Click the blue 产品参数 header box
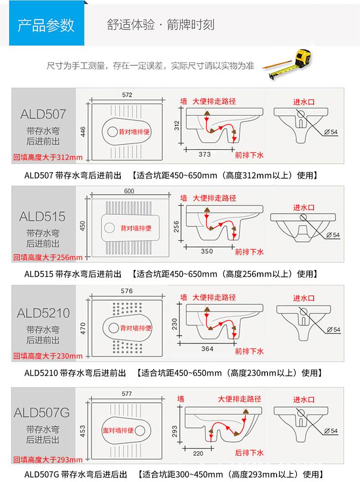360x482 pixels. click(46, 23)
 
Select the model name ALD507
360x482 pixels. click(43, 114)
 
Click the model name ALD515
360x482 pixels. click(42, 217)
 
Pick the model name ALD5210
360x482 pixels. click(43, 313)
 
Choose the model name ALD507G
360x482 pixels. click(42, 413)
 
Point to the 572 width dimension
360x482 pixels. click(127, 95)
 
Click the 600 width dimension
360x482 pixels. click(129, 191)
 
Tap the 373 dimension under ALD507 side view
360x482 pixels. click(205, 154)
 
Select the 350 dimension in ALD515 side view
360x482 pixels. click(207, 251)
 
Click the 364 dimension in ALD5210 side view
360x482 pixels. click(207, 348)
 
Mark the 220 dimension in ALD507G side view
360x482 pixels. click(198, 453)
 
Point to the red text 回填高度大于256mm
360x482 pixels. click(48, 257)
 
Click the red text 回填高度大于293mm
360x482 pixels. click(48, 460)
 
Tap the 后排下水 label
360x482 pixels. click(249, 452)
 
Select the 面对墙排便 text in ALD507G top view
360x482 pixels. click(118, 430)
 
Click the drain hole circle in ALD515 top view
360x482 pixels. click(109, 228)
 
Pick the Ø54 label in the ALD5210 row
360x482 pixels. click(334, 330)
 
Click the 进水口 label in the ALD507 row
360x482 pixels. click(303, 102)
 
